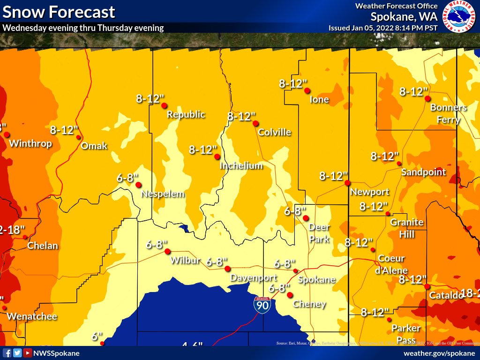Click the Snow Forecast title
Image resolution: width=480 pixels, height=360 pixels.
tap(59, 12)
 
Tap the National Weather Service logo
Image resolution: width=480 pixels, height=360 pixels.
tap(459, 16)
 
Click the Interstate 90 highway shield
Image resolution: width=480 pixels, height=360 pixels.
tap(262, 305)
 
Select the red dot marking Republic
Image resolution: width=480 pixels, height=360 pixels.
tap(165, 105)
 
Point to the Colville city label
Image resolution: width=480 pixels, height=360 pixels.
tap(274, 132)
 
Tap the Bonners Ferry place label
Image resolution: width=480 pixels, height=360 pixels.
tap(449, 113)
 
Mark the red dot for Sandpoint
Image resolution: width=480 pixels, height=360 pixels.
tap(399, 164)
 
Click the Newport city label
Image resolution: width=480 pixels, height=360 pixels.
tap(370, 192)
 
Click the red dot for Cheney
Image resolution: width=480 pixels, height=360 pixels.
tap(290, 295)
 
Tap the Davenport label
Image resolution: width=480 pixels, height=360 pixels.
tap(251, 278)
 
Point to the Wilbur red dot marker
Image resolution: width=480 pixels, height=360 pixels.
tap(167, 251)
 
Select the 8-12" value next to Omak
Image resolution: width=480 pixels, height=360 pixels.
tap(64, 130)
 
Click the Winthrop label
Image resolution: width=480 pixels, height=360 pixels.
tap(30, 143)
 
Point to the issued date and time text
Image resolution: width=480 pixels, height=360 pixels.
tap(383, 28)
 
